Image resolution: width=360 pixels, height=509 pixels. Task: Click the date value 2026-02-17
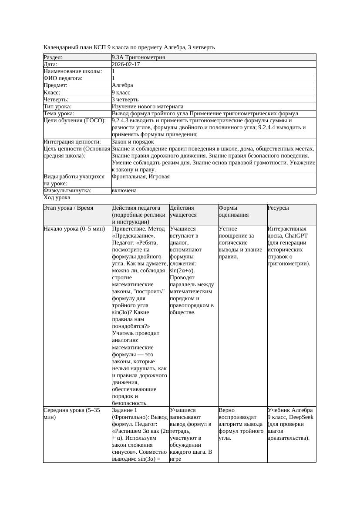point(126,64)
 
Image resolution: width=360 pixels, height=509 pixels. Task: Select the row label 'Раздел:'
point(53,57)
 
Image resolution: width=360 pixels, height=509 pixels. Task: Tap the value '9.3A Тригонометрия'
point(138,57)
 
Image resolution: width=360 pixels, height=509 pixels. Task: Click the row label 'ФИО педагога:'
point(63,78)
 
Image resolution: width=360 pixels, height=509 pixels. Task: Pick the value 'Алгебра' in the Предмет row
point(122,85)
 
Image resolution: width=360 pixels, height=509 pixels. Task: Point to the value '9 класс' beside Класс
point(121,93)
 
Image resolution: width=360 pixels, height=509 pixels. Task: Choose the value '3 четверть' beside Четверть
point(125,100)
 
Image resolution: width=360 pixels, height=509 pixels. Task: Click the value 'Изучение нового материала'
point(148,107)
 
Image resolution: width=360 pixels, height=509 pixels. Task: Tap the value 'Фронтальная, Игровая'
point(141,177)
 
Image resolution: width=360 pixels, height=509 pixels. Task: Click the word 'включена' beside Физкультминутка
point(124,191)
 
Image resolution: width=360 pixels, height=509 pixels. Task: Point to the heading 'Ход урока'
point(57,198)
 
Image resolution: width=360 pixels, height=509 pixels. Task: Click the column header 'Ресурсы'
point(278,208)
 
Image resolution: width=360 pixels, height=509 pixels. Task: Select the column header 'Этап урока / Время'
point(68,208)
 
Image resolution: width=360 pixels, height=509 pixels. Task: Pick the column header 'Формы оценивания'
point(233,211)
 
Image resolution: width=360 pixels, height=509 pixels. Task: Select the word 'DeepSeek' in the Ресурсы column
point(296,417)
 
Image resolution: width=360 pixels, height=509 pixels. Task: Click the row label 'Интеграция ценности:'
point(72,142)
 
